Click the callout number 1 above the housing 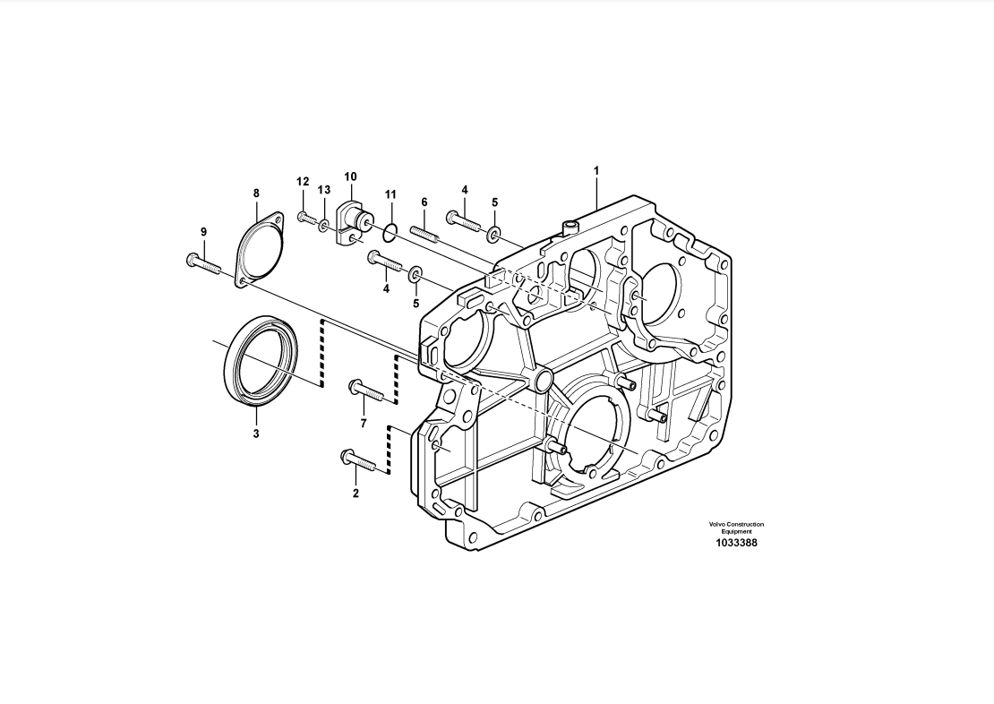pos(596,170)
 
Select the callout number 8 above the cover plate pos(256,193)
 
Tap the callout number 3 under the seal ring pos(256,434)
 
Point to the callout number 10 pos(350,176)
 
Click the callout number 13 pos(324,190)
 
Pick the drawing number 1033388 pos(736,543)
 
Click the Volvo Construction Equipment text pos(736,528)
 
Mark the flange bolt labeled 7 pos(365,391)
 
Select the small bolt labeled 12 pos(306,217)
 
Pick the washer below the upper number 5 pos(494,235)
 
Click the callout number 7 pos(364,423)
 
